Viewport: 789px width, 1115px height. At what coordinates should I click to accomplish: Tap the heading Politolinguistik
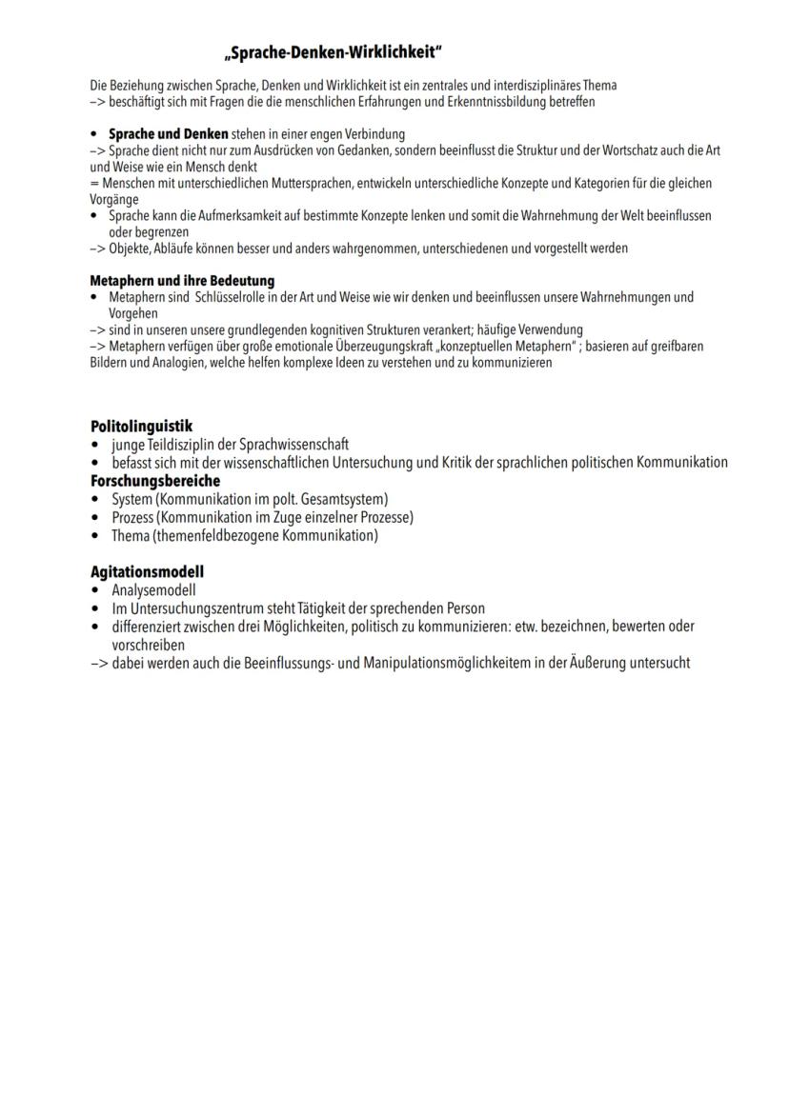tap(141, 426)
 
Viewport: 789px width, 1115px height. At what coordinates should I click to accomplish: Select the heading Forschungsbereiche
tap(154, 481)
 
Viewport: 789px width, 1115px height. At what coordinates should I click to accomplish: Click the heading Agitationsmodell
tap(147, 571)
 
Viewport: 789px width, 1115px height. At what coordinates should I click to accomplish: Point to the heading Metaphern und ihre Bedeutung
tap(182, 281)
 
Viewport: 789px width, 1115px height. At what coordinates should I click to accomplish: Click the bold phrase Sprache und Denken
tap(168, 134)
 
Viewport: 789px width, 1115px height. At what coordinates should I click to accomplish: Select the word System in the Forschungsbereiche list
tap(131, 499)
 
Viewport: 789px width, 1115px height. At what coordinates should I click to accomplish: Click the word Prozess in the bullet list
tap(132, 517)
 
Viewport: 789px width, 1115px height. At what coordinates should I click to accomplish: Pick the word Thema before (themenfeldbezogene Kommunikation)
tap(131, 535)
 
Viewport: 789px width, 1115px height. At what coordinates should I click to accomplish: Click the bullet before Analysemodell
tap(95, 590)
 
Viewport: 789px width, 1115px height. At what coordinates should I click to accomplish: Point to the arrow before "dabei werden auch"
tap(99, 663)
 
